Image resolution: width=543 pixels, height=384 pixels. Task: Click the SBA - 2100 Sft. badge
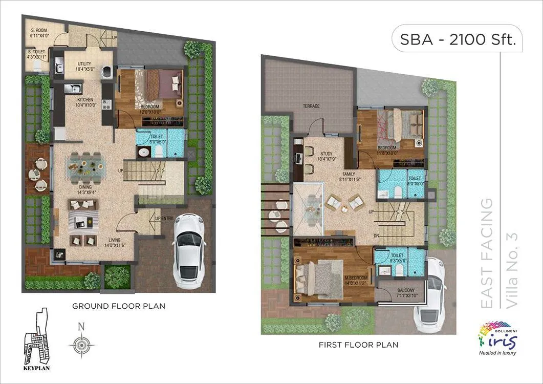[x=457, y=40]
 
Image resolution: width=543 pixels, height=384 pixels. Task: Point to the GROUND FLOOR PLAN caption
[x=119, y=306]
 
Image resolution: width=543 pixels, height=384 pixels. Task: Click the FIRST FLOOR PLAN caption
[x=358, y=345]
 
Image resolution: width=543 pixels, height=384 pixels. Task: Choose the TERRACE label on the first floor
[x=311, y=106]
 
